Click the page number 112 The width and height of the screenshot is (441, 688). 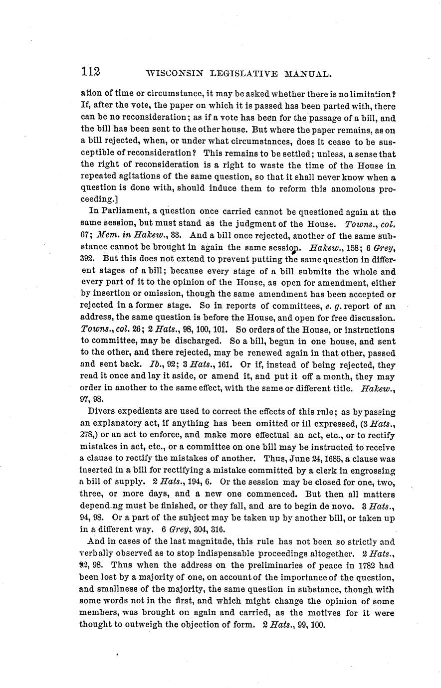(91, 72)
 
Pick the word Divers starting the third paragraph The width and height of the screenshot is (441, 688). (102, 411)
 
